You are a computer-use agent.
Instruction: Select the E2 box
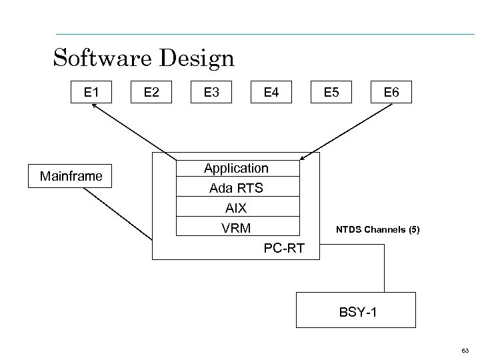click(x=151, y=92)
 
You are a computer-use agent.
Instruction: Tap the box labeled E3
click(x=211, y=92)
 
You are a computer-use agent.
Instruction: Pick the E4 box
click(x=271, y=92)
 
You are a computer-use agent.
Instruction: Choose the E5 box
click(x=331, y=92)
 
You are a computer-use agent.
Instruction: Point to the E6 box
click(x=391, y=92)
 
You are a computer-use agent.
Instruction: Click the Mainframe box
click(x=71, y=177)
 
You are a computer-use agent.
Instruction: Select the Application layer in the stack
click(x=237, y=168)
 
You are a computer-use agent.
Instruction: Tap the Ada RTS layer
click(x=237, y=188)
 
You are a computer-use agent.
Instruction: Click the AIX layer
click(x=237, y=208)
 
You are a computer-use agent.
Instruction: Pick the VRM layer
click(x=237, y=228)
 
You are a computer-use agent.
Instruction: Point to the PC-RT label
click(x=284, y=248)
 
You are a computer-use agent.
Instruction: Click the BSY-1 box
click(x=357, y=311)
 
